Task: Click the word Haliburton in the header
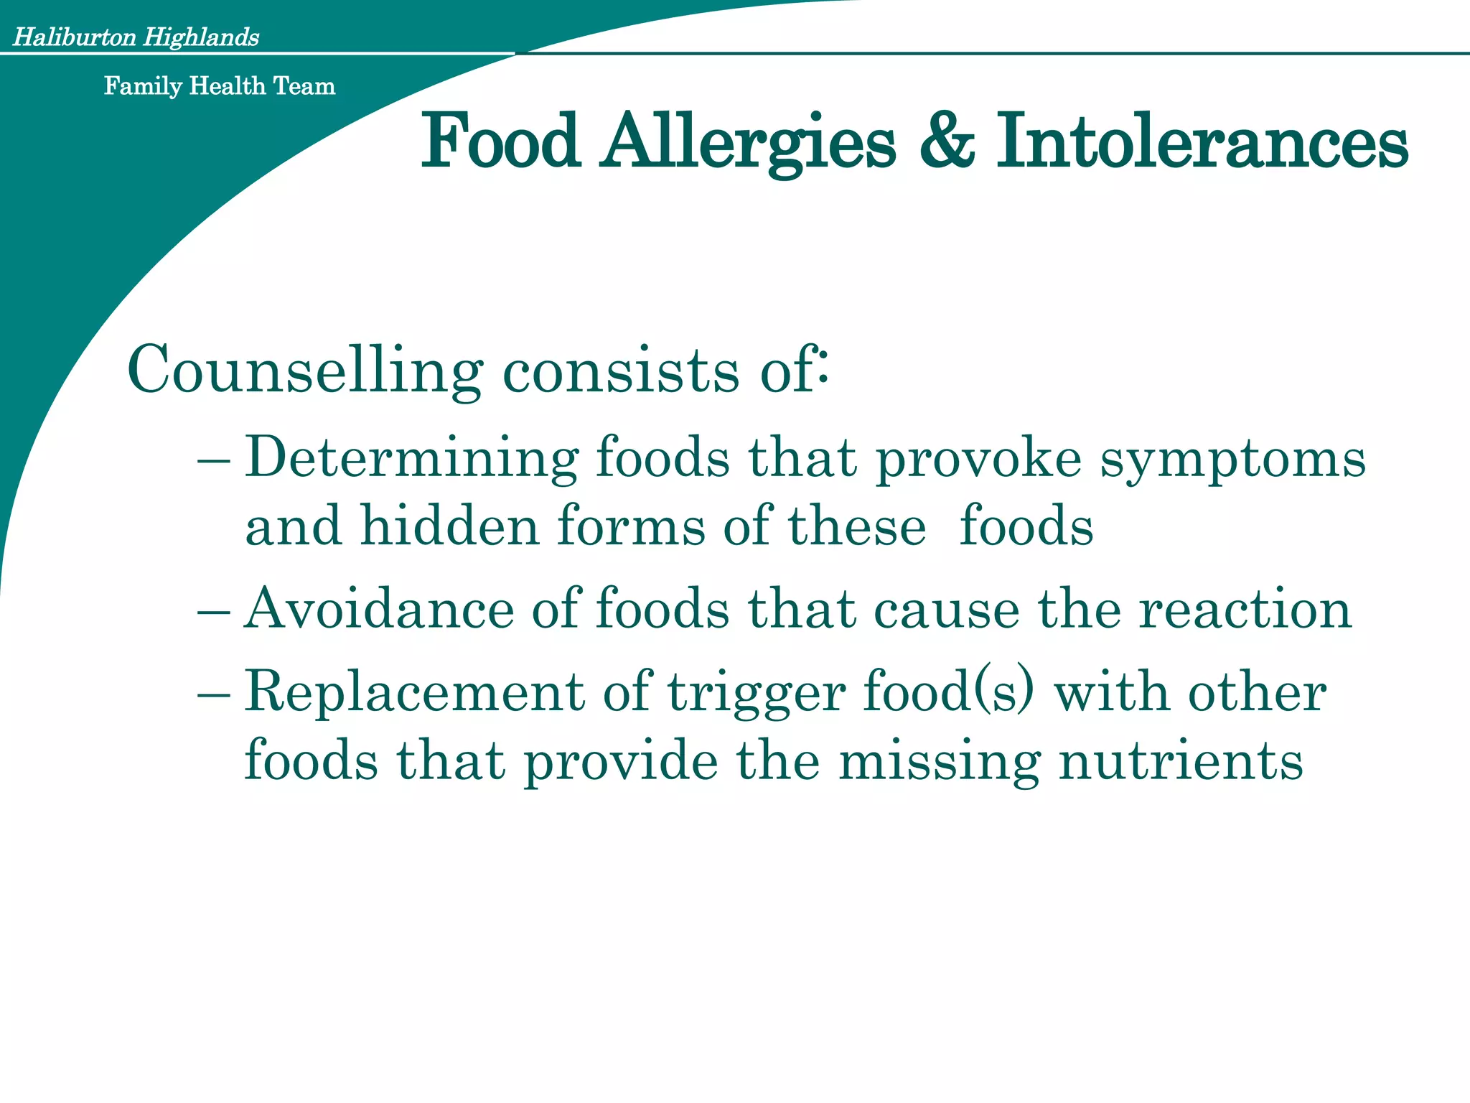click(75, 37)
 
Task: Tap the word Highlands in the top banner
click(201, 37)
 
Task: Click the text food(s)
click(950, 692)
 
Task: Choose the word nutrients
click(1181, 761)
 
